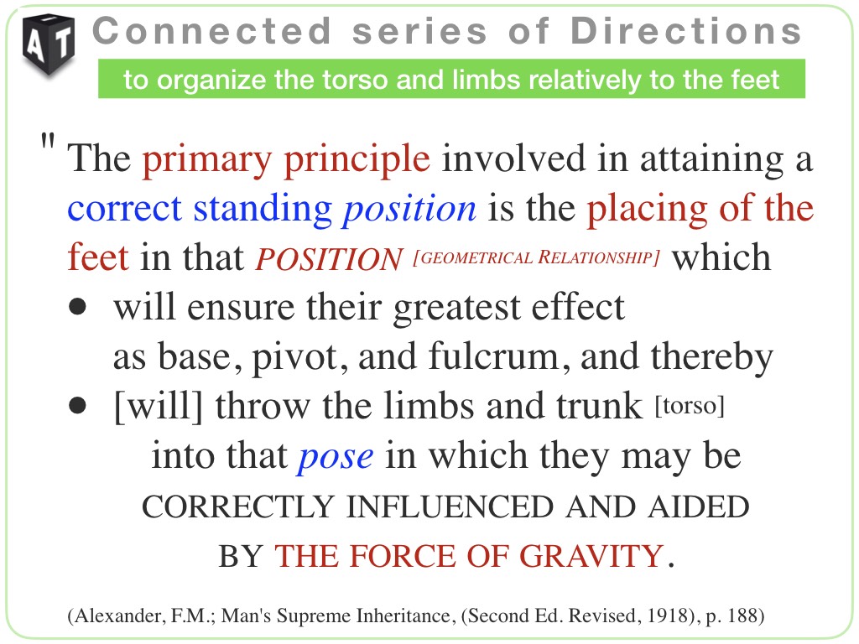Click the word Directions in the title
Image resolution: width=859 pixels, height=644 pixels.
[x=686, y=31]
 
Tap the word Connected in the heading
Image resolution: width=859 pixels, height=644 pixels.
[x=212, y=31]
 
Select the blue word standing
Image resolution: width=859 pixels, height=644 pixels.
[x=263, y=210]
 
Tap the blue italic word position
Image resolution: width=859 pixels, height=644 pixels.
[x=409, y=210]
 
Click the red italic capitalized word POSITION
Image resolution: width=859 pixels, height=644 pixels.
[x=329, y=259]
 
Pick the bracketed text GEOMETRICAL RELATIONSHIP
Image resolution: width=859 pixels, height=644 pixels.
[x=537, y=257]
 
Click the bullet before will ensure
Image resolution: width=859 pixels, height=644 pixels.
[x=78, y=307]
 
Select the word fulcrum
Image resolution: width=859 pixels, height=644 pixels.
[x=493, y=356]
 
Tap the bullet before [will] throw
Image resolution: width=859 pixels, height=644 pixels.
[x=78, y=406]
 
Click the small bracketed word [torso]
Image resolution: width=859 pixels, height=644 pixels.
[x=690, y=407]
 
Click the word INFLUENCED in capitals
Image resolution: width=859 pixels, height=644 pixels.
[x=450, y=506]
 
